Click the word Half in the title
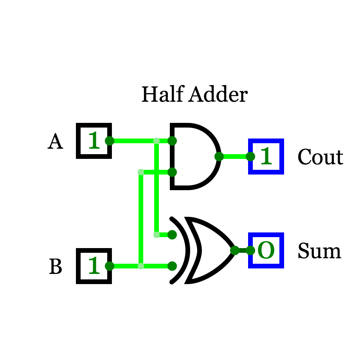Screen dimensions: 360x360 [163, 94]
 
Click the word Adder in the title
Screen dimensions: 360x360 [218, 94]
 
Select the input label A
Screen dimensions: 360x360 [55, 141]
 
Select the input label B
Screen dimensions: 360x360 [56, 266]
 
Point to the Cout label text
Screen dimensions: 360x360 [320, 157]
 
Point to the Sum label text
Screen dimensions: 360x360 [320, 250]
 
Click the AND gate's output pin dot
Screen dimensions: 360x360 [219, 157]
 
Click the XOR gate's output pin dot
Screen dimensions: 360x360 [235, 250]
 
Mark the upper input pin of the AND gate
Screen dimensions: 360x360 [172, 141]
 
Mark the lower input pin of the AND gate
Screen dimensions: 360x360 [172, 172]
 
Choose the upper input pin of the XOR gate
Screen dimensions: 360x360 [172, 235]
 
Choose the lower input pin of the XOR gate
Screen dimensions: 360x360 [172, 266]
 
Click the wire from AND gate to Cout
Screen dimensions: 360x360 [235, 157]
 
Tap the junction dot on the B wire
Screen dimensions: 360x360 [141, 266]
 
